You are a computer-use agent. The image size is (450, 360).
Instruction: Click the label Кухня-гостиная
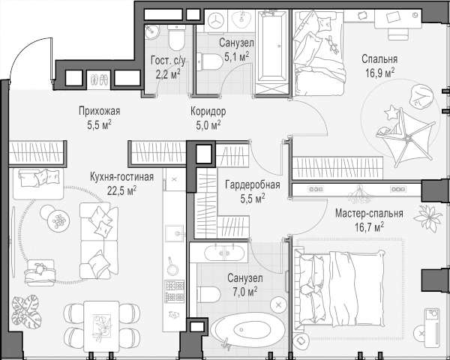(121, 177)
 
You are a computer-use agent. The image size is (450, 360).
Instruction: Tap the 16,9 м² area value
(379, 73)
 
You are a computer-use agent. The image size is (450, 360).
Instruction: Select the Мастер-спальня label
(369, 214)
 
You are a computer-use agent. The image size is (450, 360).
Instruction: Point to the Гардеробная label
(253, 185)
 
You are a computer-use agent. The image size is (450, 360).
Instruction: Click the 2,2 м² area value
(168, 73)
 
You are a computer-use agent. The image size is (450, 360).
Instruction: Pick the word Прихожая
(99, 111)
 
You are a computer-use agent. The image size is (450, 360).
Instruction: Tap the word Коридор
(208, 112)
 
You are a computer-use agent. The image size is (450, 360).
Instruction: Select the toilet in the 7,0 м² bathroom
(208, 294)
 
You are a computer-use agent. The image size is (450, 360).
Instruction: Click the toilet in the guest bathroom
(176, 37)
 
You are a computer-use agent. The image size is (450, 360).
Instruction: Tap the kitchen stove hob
(174, 292)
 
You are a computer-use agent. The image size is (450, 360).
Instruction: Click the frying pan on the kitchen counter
(172, 267)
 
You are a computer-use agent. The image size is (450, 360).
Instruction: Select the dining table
(101, 326)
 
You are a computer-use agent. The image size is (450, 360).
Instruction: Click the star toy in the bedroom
(391, 112)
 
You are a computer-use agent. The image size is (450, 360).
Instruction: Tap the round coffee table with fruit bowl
(58, 220)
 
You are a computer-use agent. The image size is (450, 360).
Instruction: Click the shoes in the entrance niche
(99, 79)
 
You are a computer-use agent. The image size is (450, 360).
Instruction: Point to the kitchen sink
(174, 233)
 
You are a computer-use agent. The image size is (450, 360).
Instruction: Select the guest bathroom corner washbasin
(151, 31)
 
